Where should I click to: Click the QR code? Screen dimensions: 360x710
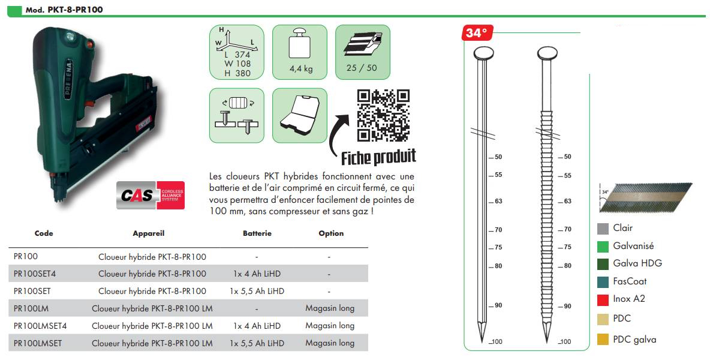[x=383, y=115]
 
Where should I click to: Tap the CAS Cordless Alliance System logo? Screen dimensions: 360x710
[x=151, y=195]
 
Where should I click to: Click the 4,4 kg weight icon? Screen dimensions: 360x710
[x=300, y=52]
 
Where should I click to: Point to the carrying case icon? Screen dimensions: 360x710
[x=300, y=115]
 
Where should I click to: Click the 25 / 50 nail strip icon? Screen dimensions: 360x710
[x=362, y=52]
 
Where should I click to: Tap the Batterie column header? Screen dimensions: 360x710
[x=257, y=233]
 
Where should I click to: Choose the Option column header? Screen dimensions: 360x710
[x=331, y=233]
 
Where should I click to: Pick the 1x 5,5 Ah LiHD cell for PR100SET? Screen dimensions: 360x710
[x=257, y=291]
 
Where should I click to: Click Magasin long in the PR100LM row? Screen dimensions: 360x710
[x=330, y=308]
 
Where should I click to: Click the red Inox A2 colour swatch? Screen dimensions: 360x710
[x=603, y=299]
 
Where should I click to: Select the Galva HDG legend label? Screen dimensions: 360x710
[x=637, y=263]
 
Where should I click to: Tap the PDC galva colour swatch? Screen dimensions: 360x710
[x=603, y=340]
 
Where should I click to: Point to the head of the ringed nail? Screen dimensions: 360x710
[x=546, y=53]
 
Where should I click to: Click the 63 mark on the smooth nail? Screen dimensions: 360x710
[x=498, y=202]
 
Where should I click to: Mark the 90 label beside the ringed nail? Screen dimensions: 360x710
[x=567, y=306]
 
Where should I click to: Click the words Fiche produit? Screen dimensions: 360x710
[x=378, y=157]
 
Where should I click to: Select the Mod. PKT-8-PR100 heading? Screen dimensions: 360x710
[x=60, y=10]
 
